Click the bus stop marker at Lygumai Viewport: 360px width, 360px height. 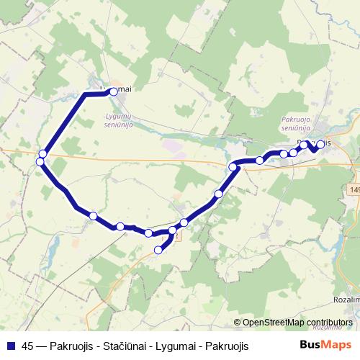click(113, 91)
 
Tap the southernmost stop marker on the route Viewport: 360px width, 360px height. click(159, 250)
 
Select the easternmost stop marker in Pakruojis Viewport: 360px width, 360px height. click(320, 144)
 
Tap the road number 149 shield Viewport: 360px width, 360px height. click(354, 189)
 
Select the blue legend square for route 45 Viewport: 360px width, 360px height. click(10, 346)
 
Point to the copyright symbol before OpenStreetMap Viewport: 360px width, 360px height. click(238, 322)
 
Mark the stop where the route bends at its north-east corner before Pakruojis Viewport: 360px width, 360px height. click(233, 167)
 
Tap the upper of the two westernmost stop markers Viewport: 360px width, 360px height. click(43, 153)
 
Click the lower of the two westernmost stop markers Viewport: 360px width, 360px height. click(40, 161)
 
